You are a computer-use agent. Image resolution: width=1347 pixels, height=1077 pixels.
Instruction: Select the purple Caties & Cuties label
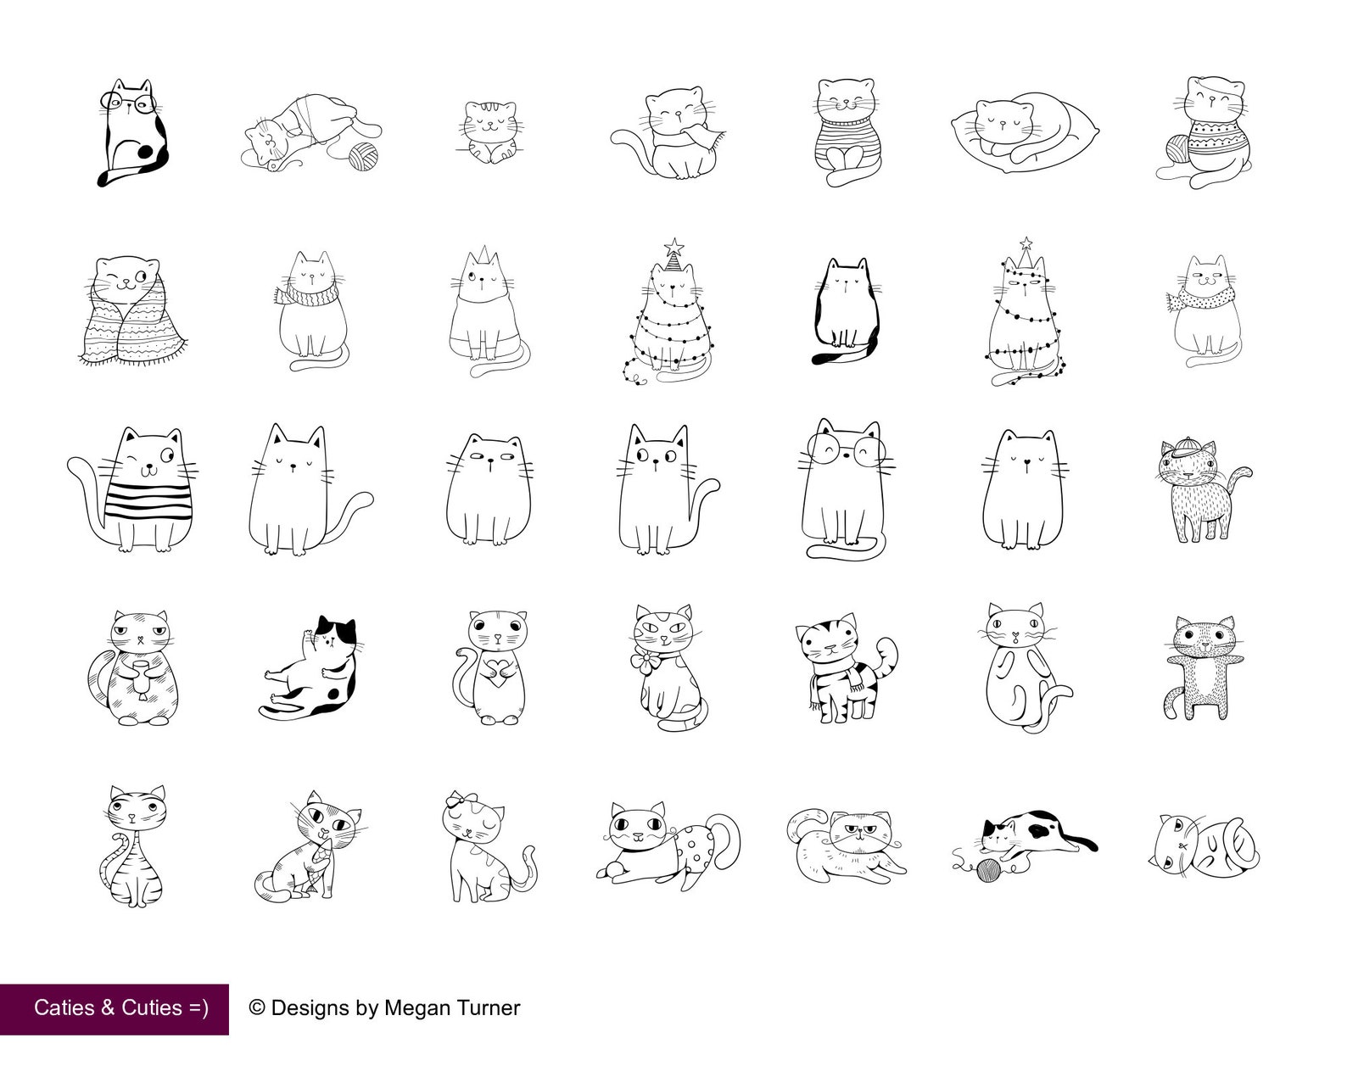point(115,1008)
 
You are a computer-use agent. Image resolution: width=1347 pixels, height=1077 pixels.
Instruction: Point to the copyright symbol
point(257,1007)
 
